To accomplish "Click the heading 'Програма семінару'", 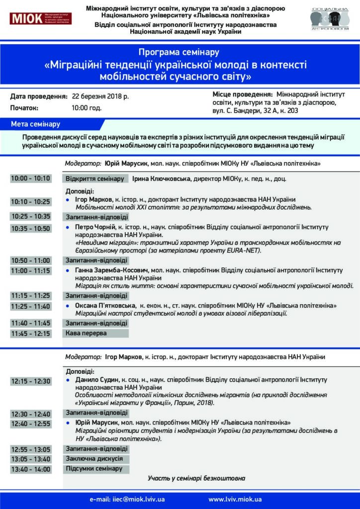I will click(180, 52).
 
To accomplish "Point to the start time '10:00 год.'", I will click(87, 107).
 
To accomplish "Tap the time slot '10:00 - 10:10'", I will click(30, 178).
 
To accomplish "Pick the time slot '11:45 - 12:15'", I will click(30, 334).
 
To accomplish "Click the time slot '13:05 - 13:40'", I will click(30, 459).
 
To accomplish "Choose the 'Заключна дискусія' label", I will click(94, 459).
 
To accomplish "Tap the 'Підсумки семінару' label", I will click(94, 469).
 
